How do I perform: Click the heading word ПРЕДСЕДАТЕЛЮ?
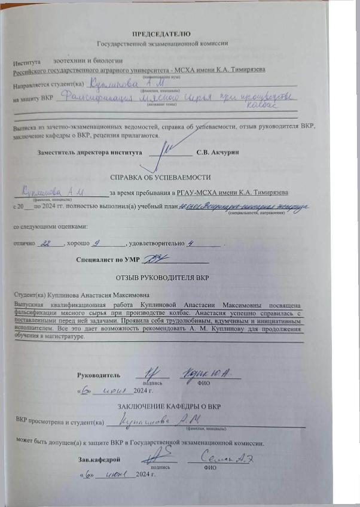(161, 34)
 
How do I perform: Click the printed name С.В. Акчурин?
(218, 153)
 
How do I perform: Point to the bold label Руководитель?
(99, 375)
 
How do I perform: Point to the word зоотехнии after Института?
(71, 61)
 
